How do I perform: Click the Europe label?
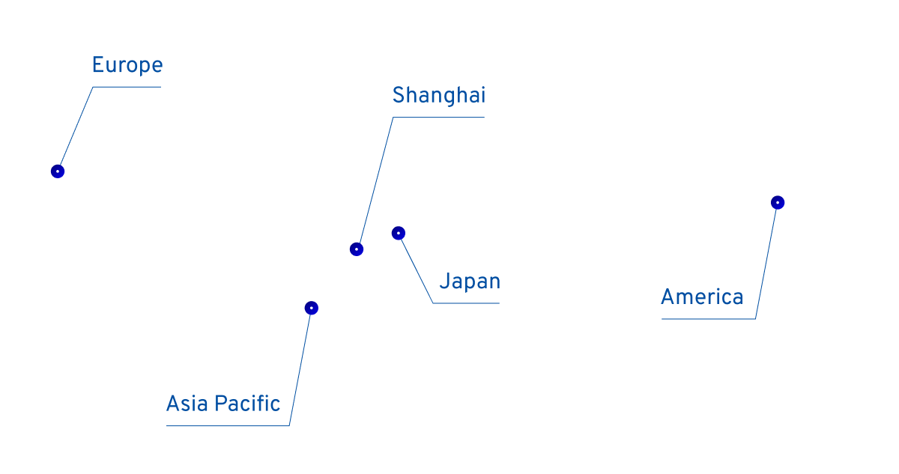point(127,66)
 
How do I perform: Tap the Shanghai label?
point(438,96)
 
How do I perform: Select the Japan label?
point(469,282)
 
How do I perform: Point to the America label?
point(702,297)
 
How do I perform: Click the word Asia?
point(187,404)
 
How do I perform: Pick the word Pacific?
point(246,404)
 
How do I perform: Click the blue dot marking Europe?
point(58,171)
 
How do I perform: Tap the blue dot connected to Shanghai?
point(357,249)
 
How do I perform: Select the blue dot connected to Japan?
point(399,233)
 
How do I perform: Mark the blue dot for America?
point(778,202)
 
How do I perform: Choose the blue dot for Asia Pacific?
point(312,308)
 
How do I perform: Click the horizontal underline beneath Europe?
point(127,87)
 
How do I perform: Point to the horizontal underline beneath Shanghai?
point(439,118)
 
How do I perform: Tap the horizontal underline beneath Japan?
point(466,303)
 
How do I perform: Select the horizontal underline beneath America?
point(708,319)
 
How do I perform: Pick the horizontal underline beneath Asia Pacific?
point(228,426)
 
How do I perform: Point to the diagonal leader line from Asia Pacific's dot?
point(300,367)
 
